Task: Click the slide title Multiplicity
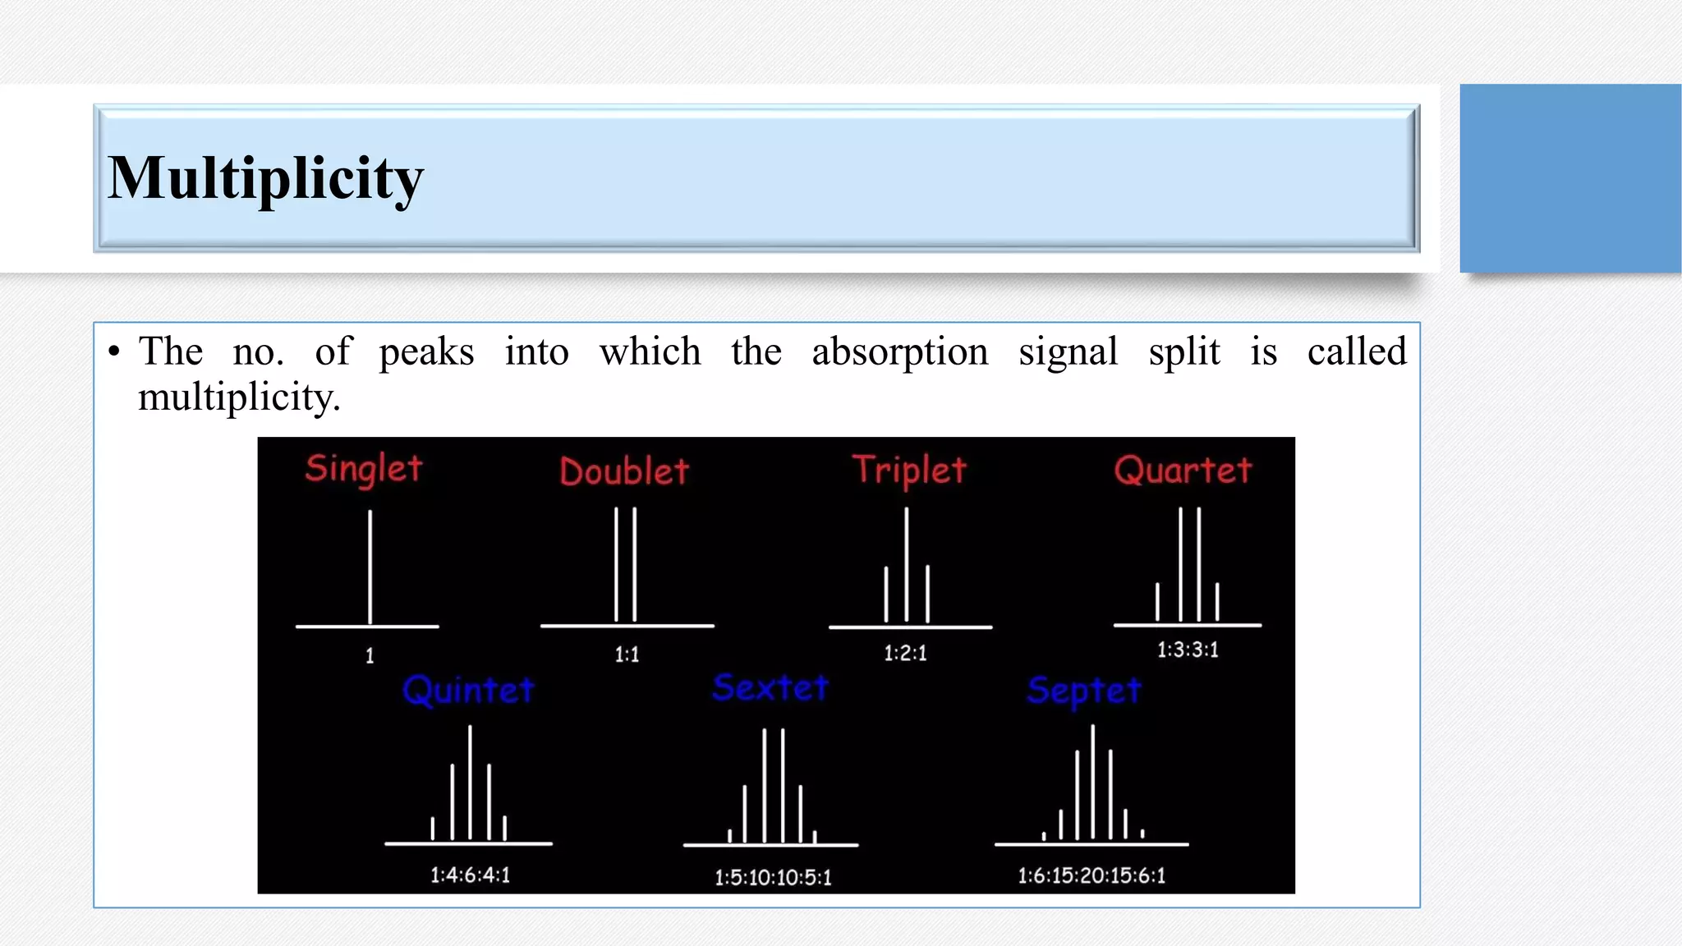tap(265, 178)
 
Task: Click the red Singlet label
tap(363, 469)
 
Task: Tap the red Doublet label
tap(624, 471)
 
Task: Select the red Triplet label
tap(909, 471)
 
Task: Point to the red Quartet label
tap(1183, 471)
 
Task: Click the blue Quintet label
tap(468, 691)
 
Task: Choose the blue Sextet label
tap(770, 687)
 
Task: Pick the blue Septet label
tap(1084, 691)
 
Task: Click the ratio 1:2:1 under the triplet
tap(905, 653)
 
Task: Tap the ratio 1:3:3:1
tap(1188, 650)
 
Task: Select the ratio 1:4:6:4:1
tap(470, 875)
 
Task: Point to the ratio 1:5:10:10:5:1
tap(773, 877)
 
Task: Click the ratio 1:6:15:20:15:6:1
tap(1091, 875)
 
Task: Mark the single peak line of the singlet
tap(370, 567)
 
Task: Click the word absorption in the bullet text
tap(900, 352)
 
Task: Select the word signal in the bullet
tap(1068, 352)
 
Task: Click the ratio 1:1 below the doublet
tap(627, 654)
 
